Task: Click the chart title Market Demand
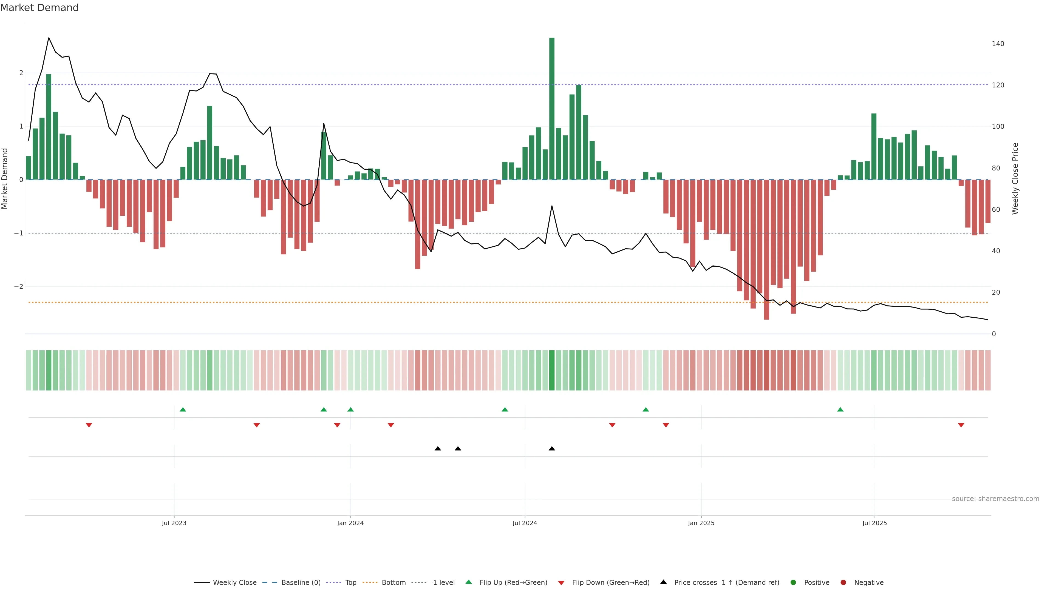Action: tap(39, 8)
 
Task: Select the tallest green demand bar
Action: tap(552, 108)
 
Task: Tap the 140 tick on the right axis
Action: tap(998, 44)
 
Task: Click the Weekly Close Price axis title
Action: tap(1015, 178)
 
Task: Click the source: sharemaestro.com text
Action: tap(995, 499)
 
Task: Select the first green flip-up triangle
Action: tap(183, 409)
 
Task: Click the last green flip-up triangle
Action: tap(840, 409)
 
